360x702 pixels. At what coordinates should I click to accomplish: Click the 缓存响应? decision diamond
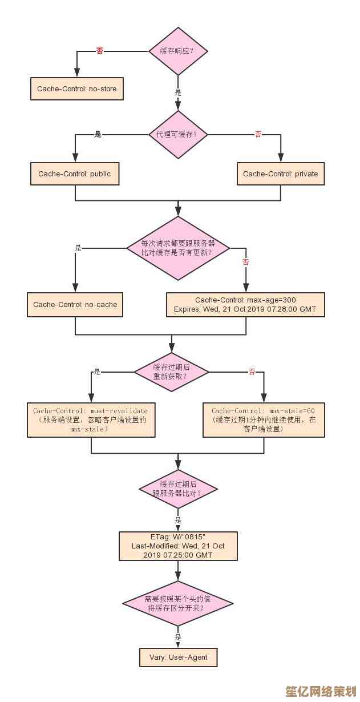[178, 51]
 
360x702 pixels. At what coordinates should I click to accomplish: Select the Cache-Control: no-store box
[76, 89]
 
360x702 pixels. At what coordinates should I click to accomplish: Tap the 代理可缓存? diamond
[178, 135]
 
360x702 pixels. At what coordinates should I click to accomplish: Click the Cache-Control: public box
[75, 174]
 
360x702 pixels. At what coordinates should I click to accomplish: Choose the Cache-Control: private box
[281, 174]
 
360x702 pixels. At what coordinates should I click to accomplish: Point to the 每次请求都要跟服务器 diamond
[178, 248]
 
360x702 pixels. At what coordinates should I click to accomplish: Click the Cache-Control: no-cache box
[75, 305]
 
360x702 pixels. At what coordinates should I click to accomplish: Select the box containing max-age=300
[245, 305]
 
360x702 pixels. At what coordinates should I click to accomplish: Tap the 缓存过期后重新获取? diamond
[171, 372]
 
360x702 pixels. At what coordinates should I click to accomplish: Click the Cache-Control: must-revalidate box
[91, 420]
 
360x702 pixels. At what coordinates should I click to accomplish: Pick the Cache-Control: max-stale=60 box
[264, 420]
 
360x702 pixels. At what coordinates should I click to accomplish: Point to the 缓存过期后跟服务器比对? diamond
[178, 489]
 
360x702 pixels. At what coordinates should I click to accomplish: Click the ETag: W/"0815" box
[178, 546]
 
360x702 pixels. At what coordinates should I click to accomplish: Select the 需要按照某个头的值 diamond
[178, 603]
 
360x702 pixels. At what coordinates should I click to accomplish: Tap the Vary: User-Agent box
[178, 657]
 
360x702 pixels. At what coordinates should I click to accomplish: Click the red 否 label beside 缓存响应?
[100, 51]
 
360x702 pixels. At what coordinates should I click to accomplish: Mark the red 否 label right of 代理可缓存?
[258, 135]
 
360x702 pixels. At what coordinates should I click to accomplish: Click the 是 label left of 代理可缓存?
[98, 135]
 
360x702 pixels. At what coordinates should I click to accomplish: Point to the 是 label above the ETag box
[178, 520]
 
